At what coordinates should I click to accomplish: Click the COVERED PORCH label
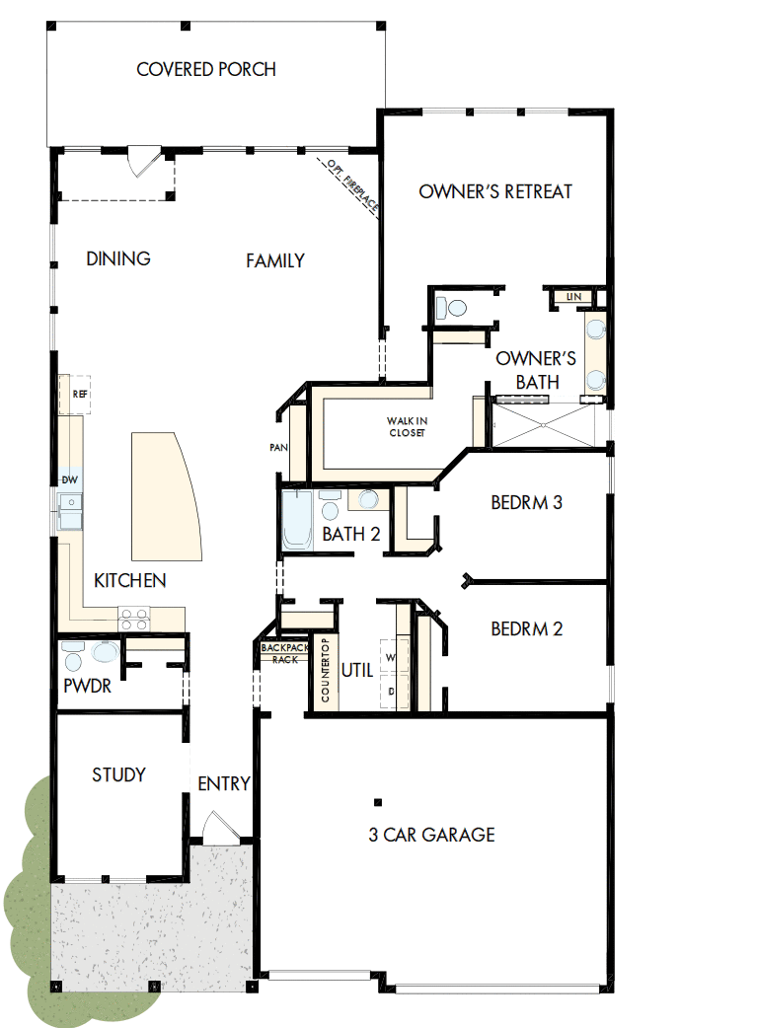click(206, 70)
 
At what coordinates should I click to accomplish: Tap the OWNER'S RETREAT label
click(495, 191)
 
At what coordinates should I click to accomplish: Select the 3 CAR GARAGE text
click(431, 835)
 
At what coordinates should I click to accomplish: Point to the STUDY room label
click(118, 774)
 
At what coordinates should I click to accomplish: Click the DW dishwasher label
click(70, 480)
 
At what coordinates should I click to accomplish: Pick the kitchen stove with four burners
click(134, 620)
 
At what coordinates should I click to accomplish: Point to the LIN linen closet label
click(572, 296)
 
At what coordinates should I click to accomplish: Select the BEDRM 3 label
click(526, 503)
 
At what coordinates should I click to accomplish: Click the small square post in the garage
click(377, 800)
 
